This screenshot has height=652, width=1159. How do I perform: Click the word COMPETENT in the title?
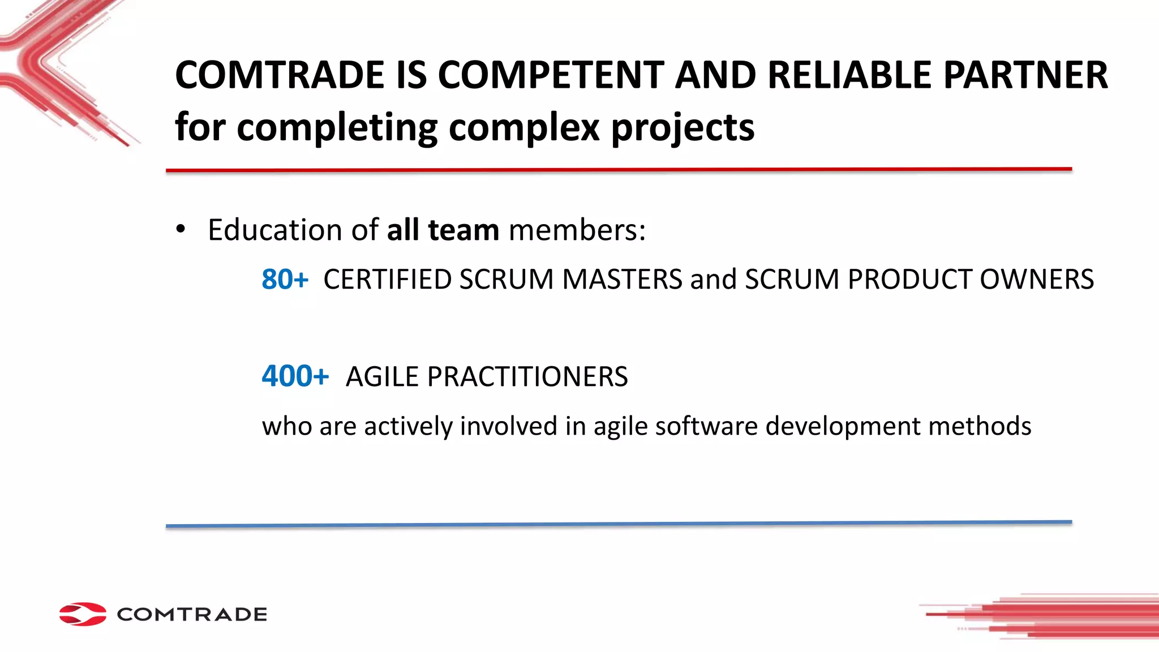pyautogui.click(x=551, y=75)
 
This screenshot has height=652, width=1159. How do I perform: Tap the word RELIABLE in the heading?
pyautogui.click(x=849, y=75)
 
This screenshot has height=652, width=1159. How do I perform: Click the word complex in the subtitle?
pyautogui.click(x=523, y=127)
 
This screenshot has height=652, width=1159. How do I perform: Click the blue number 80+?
pyautogui.click(x=285, y=279)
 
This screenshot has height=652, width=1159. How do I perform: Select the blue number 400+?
pyautogui.click(x=295, y=376)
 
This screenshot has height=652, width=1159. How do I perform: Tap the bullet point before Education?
pyautogui.click(x=181, y=230)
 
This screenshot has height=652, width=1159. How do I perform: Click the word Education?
pyautogui.click(x=274, y=230)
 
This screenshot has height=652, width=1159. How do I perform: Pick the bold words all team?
pyautogui.click(x=443, y=230)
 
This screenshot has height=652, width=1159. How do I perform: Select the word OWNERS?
pyautogui.click(x=1037, y=280)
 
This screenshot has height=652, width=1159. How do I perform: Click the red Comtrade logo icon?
pyautogui.click(x=83, y=614)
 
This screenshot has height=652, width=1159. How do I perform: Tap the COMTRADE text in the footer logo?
pyautogui.click(x=192, y=615)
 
